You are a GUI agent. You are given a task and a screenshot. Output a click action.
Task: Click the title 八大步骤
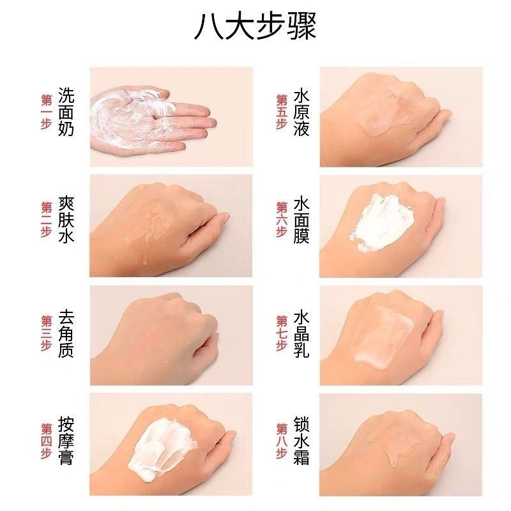(x=255, y=27)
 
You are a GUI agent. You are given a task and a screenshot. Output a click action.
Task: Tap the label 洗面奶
(x=66, y=112)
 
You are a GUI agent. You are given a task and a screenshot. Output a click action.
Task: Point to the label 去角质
(x=66, y=333)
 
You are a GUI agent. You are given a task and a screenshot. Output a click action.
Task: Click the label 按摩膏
(x=66, y=441)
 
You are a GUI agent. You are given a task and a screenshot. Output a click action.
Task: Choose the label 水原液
(x=301, y=112)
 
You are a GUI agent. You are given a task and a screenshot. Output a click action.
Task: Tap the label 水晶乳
(x=301, y=333)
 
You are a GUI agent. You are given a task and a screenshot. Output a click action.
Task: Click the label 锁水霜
(x=301, y=441)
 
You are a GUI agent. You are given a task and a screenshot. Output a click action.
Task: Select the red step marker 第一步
(x=46, y=112)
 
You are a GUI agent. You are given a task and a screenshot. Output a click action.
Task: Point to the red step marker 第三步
(x=46, y=333)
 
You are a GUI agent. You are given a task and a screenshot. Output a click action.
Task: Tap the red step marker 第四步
(x=46, y=441)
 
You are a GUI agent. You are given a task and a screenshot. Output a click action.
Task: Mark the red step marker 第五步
(x=280, y=112)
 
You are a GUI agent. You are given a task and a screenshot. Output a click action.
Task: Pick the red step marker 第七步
(x=280, y=333)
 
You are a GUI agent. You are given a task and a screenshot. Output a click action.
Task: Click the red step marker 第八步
(x=280, y=441)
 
